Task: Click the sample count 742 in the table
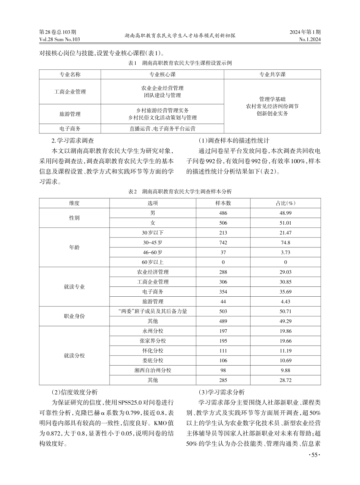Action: pyautogui.click(x=223, y=242)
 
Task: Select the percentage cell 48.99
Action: pyautogui.click(x=285, y=213)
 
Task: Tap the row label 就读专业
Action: pyautogui.click(x=74, y=287)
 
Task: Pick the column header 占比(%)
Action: pyautogui.click(x=285, y=203)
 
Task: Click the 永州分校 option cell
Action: pyautogui.click(x=153, y=331)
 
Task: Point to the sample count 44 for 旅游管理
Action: pyautogui.click(x=223, y=302)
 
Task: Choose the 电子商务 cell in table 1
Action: pyautogui.click(x=70, y=129)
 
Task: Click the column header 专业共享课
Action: pyautogui.click(x=272, y=74)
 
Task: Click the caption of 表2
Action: pyautogui.click(x=180, y=192)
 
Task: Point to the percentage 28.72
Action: pyautogui.click(x=285, y=380)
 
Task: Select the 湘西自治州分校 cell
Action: pyautogui.click(x=153, y=370)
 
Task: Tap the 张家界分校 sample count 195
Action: pyautogui.click(x=223, y=341)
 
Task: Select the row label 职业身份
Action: pyautogui.click(x=74, y=316)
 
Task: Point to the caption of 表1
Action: pyautogui.click(x=180, y=63)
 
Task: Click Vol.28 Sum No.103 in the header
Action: pyautogui.click(x=59, y=39)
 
